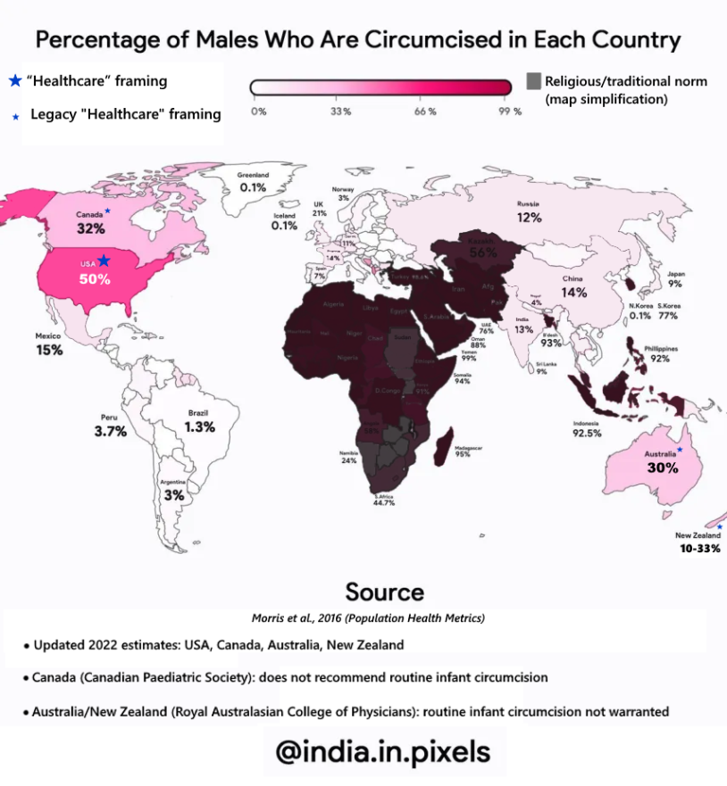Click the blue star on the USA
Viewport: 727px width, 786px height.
[x=104, y=261]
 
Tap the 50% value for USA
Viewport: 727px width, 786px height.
[x=94, y=279]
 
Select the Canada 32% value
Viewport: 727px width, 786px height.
[x=91, y=228]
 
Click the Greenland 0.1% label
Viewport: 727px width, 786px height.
[x=253, y=187]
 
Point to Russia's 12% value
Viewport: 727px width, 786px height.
[x=529, y=218]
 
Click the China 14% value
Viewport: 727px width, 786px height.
[x=573, y=292]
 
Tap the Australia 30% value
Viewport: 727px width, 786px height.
[x=662, y=467]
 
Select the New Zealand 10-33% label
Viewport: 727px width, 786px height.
[x=699, y=548]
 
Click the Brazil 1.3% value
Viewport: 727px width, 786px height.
[x=198, y=427]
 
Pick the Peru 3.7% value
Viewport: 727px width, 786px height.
[x=111, y=431]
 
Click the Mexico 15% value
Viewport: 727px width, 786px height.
[x=49, y=351]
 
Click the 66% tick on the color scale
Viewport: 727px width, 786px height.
[x=425, y=112]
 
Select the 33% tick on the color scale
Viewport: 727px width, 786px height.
[x=340, y=112]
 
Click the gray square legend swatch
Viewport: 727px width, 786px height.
[x=534, y=81]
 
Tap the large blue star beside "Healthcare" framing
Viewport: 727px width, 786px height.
[x=14, y=81]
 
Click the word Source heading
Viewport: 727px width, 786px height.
[x=384, y=592]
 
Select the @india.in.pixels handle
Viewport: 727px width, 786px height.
[x=383, y=751]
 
